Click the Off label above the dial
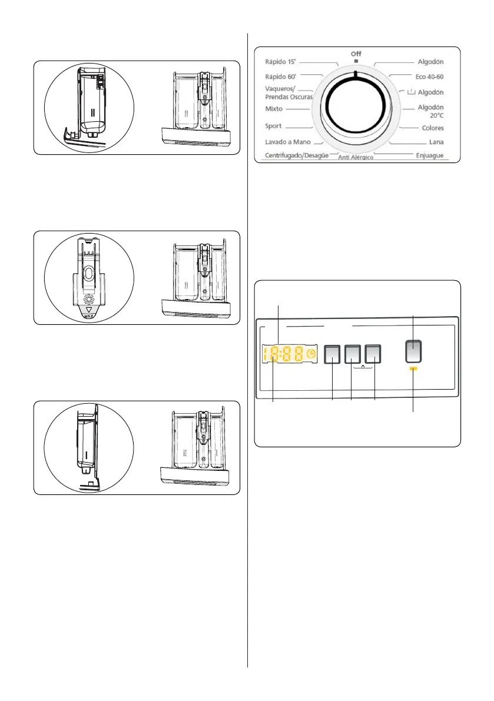tap(356, 54)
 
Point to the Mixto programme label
tap(274, 109)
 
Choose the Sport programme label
tap(273, 126)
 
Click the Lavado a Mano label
tap(287, 142)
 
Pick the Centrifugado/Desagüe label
tap(296, 155)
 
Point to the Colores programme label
tap(433, 128)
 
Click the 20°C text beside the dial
tap(435, 117)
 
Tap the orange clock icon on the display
tap(311, 354)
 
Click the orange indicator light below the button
tap(413, 370)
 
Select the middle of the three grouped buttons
tap(353, 353)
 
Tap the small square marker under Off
tap(356, 61)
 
